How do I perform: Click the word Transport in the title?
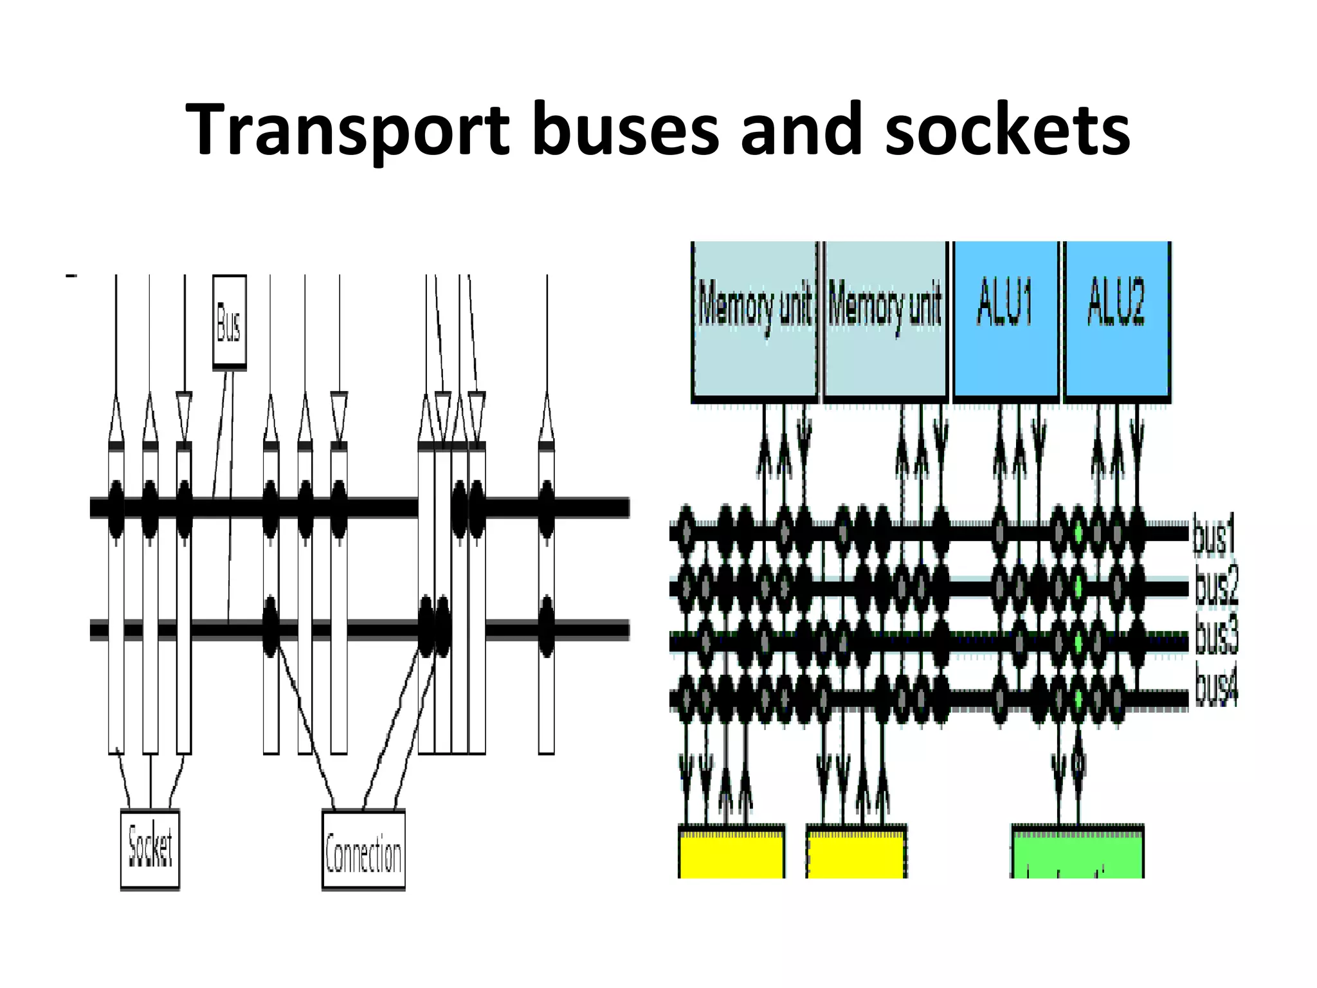347,131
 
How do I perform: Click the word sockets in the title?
1007,131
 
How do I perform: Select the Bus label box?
230,322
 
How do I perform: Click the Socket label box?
150,849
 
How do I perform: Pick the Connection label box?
363,850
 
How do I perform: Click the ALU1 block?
1006,320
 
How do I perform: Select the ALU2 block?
1117,320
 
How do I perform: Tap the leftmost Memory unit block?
754,320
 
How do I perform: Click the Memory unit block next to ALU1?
886,320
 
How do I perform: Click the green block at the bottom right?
1077,852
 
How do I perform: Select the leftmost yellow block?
732,852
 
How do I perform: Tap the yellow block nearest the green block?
857,852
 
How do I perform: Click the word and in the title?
801,131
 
